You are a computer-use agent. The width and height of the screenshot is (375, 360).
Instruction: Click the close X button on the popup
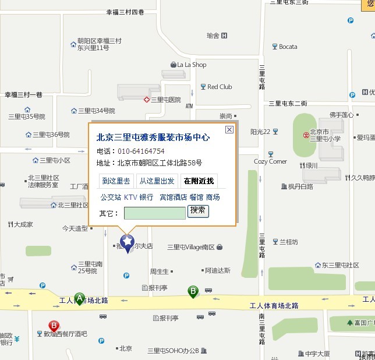(229, 130)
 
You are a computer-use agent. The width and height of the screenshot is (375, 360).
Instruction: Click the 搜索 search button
(198, 210)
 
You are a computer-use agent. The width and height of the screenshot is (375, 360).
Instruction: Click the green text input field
(155, 213)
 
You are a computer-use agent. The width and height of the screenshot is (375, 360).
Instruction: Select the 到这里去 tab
(116, 181)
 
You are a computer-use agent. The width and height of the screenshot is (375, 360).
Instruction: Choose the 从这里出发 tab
(157, 181)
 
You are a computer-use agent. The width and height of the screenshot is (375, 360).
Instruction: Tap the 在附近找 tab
(199, 181)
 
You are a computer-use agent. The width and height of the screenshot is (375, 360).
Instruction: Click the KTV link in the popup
(130, 197)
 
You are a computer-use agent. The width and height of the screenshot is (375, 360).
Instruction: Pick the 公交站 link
(111, 197)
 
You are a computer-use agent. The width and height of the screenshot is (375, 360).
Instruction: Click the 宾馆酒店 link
(173, 197)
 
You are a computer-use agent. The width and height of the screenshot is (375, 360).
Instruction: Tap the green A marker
(79, 298)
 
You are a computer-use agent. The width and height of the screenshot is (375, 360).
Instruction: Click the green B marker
(193, 291)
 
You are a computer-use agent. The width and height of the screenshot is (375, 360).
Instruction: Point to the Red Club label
(220, 87)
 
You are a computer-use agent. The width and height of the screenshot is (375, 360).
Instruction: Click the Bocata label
(288, 47)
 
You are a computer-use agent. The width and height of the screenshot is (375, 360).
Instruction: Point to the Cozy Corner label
(270, 161)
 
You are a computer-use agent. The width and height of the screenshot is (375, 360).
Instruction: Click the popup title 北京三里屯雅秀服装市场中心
(153, 138)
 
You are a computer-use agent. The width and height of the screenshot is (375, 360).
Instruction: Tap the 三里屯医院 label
(165, 100)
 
